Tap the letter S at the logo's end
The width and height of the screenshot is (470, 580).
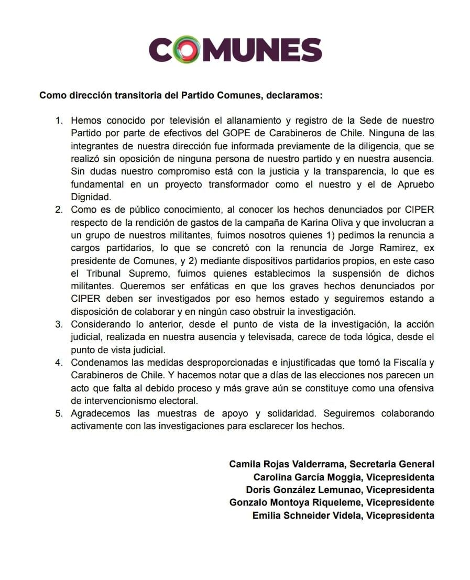309,50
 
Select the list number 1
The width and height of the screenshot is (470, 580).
59,121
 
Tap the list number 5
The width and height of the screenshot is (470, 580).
59,413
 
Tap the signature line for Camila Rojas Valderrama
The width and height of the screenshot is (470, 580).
332,464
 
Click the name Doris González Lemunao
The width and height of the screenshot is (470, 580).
303,490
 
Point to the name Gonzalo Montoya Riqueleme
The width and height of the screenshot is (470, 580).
295,502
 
